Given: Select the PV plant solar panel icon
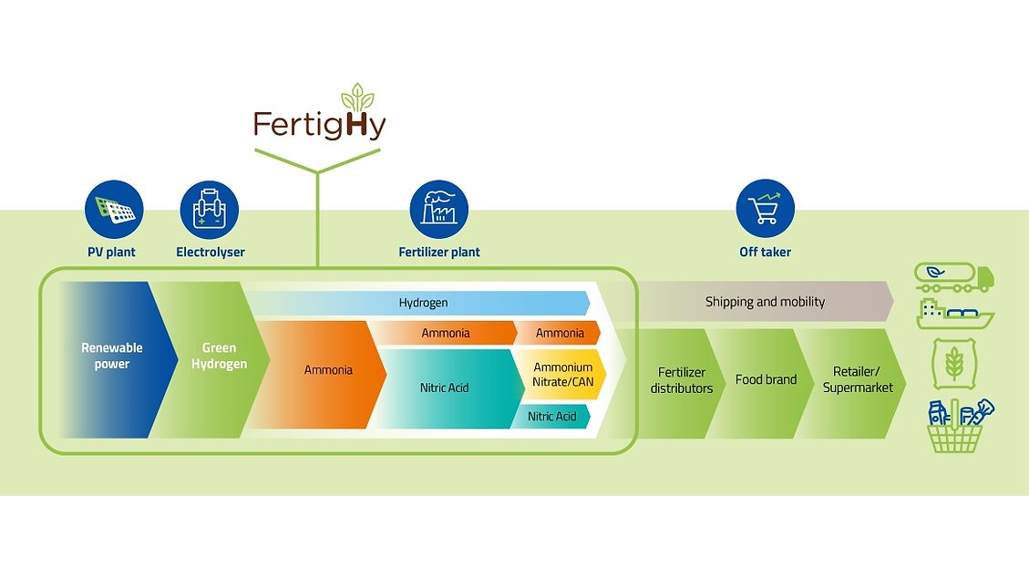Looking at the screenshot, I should (114, 210).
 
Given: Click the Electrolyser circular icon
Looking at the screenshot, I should (210, 210).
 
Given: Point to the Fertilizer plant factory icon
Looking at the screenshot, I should (438, 210).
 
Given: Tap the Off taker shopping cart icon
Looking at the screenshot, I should (765, 210).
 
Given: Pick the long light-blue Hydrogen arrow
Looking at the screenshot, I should (423, 303).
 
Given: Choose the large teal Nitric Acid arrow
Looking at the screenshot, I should (445, 388).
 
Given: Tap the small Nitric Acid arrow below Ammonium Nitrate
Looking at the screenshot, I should (552, 417).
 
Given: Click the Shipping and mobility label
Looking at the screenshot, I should (765, 302).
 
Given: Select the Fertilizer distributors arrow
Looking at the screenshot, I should (682, 381).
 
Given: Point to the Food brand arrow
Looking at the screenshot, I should (766, 380).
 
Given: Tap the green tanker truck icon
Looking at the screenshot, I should (954, 276).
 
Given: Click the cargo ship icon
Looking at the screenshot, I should (954, 314).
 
